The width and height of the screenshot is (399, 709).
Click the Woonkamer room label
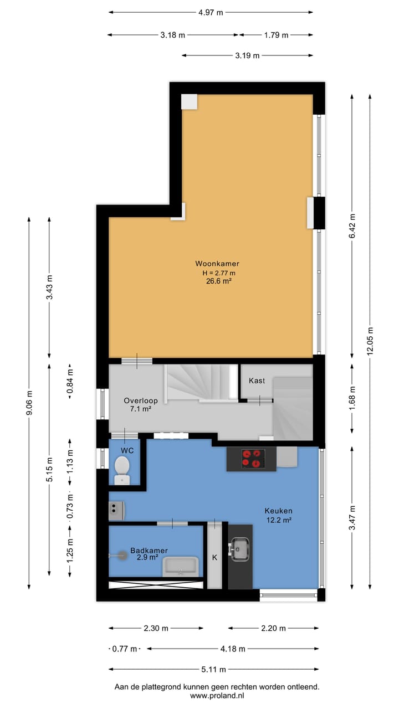[x=217, y=264]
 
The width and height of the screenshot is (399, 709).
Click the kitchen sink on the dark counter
[x=240, y=548]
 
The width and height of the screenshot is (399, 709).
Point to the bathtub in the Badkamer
[x=180, y=566]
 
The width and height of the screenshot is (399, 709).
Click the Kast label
[x=257, y=381]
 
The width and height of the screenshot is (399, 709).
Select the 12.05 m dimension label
[x=370, y=342]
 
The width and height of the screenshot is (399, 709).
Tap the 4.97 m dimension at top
[x=211, y=13]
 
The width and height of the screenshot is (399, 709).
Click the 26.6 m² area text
[x=217, y=281]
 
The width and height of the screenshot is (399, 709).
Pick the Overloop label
[x=141, y=400]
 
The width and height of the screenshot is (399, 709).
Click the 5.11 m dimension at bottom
[x=213, y=669]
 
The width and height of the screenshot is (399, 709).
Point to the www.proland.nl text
[x=217, y=696]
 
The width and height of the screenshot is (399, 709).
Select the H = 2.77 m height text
[x=218, y=273]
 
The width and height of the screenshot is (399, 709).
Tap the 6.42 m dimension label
[x=352, y=225]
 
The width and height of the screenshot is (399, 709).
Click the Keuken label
[x=278, y=511]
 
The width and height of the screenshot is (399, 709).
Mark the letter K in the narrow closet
[x=214, y=557]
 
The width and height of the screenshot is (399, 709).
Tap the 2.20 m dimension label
[x=273, y=628]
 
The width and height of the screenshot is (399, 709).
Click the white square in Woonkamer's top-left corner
[x=189, y=101]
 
